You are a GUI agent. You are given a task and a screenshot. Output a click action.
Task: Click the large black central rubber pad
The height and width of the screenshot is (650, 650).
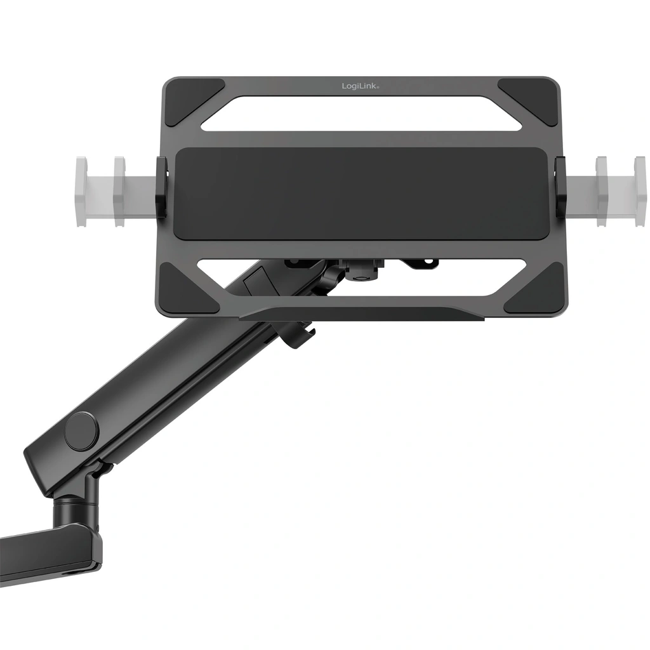tap(361, 194)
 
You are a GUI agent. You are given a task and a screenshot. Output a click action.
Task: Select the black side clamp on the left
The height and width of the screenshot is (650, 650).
tap(162, 188)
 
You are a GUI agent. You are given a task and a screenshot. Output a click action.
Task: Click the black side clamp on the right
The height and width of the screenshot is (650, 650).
tap(561, 188)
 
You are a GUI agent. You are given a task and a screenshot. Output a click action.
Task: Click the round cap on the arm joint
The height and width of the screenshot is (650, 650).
tap(81, 431)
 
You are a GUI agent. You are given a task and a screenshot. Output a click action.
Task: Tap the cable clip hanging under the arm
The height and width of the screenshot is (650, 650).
tap(298, 334)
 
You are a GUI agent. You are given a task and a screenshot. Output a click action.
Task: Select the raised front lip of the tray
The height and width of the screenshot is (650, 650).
tap(362, 313)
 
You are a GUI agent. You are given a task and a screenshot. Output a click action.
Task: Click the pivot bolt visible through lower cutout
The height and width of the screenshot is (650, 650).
tap(359, 272)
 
